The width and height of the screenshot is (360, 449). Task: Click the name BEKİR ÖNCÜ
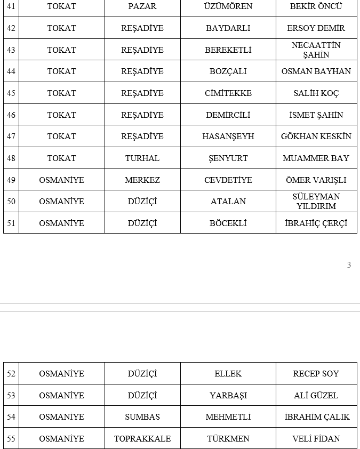point(316,6)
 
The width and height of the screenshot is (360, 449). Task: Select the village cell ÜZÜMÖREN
point(228,6)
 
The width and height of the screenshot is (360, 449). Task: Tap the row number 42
point(11,28)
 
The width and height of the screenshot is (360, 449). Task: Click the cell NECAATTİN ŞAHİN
point(316,50)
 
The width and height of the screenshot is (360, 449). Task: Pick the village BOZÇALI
point(228,71)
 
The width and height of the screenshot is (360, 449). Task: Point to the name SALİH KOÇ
point(316,93)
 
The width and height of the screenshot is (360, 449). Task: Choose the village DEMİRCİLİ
point(228,115)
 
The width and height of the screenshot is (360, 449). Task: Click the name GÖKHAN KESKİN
point(316,137)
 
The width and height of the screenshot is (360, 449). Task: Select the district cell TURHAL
point(142,158)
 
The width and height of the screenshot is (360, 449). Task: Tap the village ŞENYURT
point(228,158)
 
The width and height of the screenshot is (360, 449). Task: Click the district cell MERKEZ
point(142,180)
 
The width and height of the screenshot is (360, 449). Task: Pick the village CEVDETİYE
point(228,180)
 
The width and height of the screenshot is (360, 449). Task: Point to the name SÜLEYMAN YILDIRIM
point(316,201)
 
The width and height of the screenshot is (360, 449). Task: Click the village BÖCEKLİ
point(228,223)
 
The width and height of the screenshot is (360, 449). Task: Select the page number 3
point(349,265)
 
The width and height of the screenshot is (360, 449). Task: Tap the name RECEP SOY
point(316,374)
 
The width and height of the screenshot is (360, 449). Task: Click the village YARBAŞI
point(228,396)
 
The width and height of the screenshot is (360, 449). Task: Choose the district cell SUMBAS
point(142,417)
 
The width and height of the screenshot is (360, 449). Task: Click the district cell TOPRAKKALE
point(142,439)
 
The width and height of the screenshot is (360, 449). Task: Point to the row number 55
point(11,439)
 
